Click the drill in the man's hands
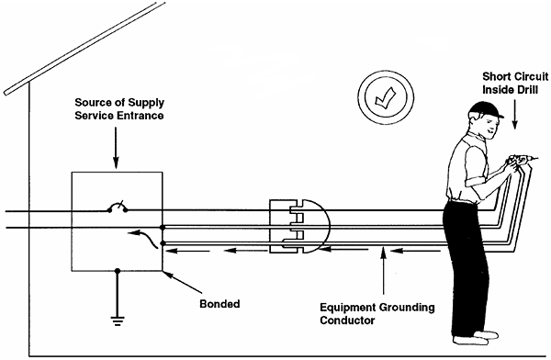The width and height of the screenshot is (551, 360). (520, 165)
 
